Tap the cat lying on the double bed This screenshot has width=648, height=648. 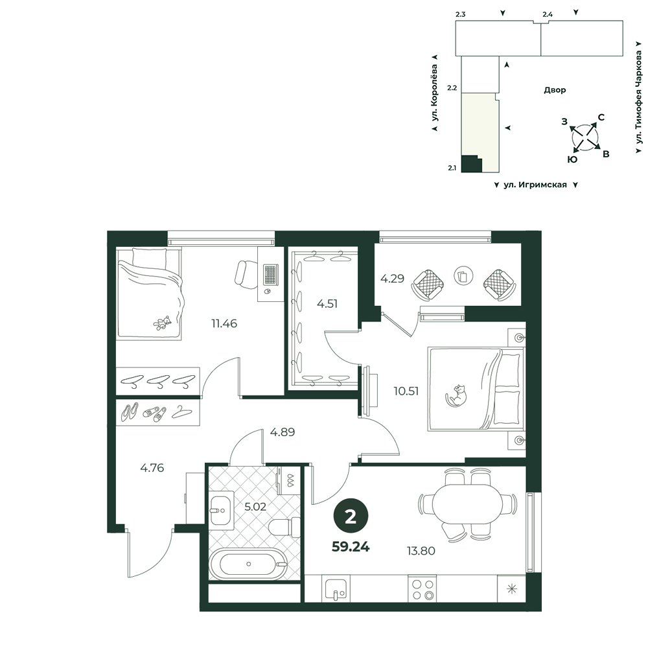click(456, 395)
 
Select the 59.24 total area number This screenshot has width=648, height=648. click(351, 547)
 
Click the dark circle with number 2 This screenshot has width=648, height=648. click(351, 516)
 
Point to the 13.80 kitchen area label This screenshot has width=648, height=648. click(421, 550)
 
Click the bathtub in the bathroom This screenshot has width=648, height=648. click(248, 564)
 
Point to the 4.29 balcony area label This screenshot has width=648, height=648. click(392, 279)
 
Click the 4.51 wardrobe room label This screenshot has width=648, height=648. click(327, 304)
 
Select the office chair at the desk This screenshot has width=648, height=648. click(246, 274)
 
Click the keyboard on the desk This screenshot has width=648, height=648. click(270, 273)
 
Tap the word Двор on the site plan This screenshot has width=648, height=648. click(555, 90)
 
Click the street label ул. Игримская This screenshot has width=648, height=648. click(535, 185)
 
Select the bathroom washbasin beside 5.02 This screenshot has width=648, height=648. click(221, 509)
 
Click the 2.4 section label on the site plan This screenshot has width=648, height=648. click(548, 14)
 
